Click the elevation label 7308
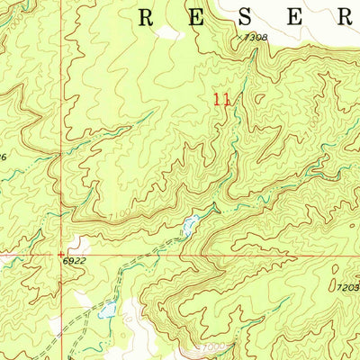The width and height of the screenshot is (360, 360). [x=256, y=37]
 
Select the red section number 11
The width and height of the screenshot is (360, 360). [x=221, y=101]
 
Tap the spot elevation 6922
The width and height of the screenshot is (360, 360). [x=76, y=261]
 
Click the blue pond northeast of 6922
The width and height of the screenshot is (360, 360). [x=189, y=225]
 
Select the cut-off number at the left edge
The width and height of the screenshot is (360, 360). [x=4, y=157]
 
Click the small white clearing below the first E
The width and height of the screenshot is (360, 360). [x=167, y=33]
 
